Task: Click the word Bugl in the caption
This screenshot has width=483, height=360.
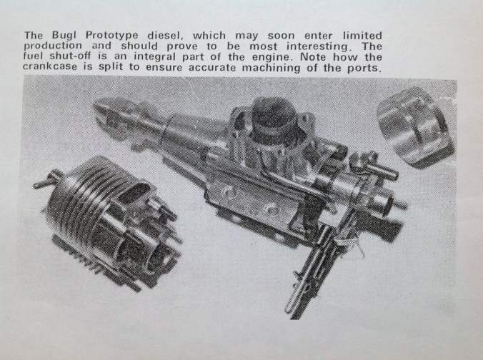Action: [64, 35]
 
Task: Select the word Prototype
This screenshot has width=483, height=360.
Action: [111, 35]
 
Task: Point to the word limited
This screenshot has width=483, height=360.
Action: [362, 36]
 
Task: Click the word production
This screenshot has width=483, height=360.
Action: [53, 46]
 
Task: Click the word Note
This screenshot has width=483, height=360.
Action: [313, 57]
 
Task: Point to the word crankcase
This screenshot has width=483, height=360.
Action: [50, 67]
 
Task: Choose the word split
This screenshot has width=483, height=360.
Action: [111, 68]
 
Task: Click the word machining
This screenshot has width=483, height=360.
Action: [271, 68]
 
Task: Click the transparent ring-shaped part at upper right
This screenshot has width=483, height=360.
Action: [416, 126]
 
